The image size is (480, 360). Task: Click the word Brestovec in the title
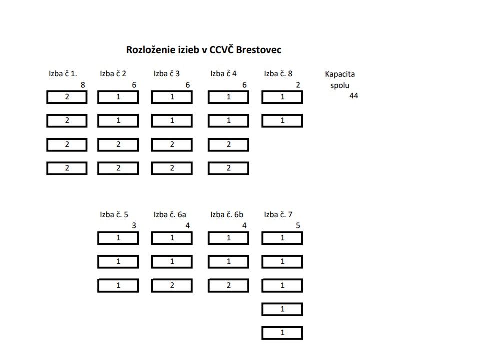[258, 50]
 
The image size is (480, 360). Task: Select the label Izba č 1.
[63, 74]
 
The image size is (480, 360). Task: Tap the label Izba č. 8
[278, 74]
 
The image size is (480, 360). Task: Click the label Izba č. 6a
[170, 215]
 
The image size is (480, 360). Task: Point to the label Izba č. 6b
[227, 215]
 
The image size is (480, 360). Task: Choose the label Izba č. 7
[278, 215]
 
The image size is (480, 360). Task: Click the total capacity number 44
[354, 96]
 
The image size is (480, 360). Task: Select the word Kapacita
[340, 74]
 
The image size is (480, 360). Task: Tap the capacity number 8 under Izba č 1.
[83, 85]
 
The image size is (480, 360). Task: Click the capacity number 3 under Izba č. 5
[134, 226]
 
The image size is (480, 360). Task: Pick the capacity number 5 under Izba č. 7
[298, 226]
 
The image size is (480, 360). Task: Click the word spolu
[340, 85]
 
